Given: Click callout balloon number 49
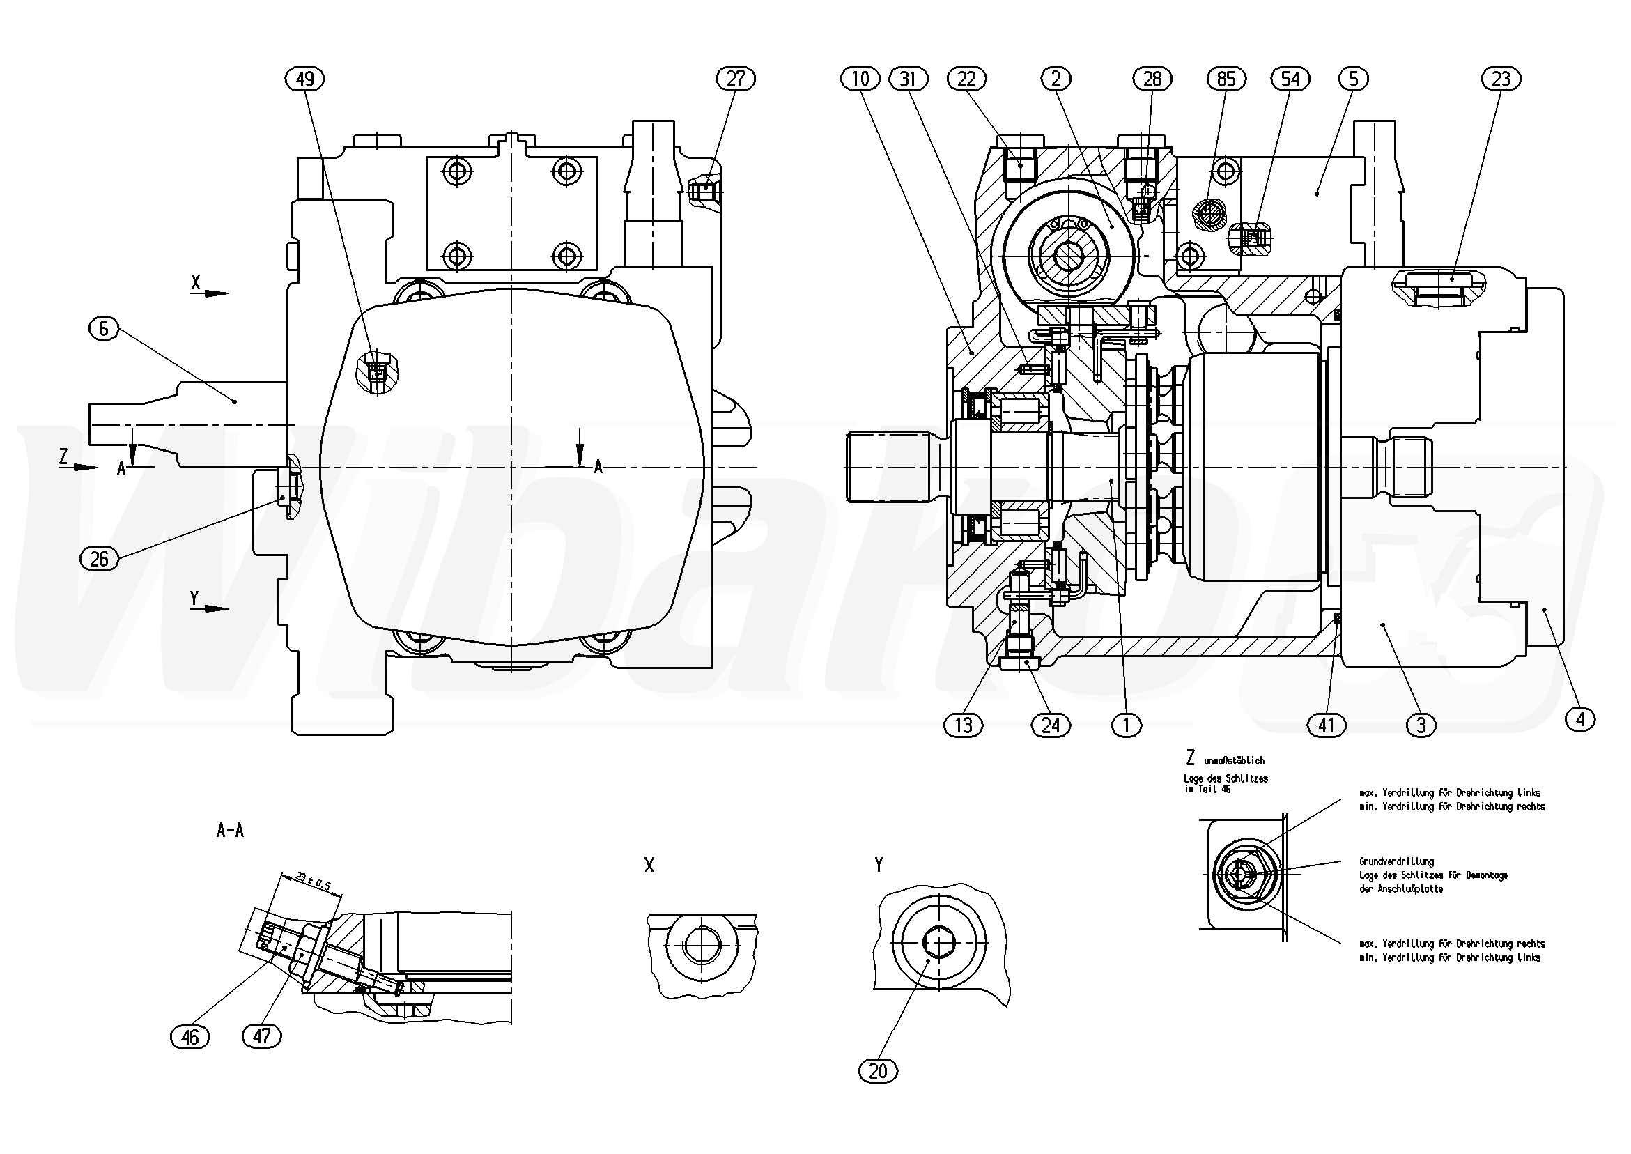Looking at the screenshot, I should pos(304,78).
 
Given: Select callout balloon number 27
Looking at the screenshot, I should pos(735,78).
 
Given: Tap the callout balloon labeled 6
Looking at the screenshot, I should pos(104,328).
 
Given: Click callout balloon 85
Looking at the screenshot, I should pos(1226,78).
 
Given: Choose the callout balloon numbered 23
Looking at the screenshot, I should pos(1500,78).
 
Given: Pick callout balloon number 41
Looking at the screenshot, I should pos(1327,725).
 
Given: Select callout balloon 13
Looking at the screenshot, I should pos(964,725).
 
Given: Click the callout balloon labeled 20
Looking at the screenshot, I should pos(878,1071).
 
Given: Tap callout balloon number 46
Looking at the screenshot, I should pos(190,1038).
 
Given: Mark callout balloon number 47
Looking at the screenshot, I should pos(261,1036).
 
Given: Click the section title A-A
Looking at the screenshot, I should pos(230,831).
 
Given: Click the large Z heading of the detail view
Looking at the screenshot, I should pos(1191,757).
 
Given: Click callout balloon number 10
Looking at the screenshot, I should pos(860,78).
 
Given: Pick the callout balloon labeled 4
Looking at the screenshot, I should pos(1580,720).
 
